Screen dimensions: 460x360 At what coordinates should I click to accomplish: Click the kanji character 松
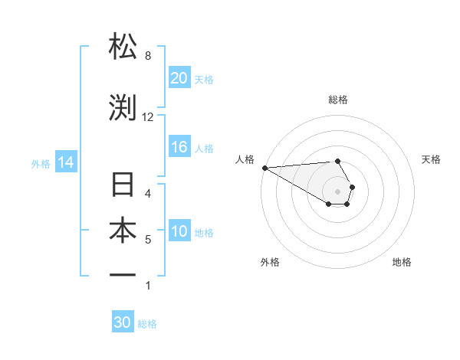(123, 47)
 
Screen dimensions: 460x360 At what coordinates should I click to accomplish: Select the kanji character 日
(123, 186)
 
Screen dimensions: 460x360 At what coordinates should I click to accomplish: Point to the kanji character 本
(123, 231)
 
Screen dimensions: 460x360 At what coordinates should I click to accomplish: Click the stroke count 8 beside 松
(147, 56)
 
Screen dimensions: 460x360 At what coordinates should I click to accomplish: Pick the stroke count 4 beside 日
(147, 194)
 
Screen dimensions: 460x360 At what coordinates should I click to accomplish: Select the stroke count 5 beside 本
(147, 240)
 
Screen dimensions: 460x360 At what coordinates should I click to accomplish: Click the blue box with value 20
(179, 78)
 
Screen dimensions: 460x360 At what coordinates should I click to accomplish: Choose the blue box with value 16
(179, 148)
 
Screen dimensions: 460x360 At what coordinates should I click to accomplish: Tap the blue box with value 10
(179, 232)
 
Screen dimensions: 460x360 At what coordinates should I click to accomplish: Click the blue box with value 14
(65, 162)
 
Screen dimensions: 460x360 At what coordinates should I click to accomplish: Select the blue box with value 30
(123, 322)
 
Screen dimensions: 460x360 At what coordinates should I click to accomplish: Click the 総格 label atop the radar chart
(338, 100)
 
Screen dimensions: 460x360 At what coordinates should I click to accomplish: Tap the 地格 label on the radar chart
(402, 262)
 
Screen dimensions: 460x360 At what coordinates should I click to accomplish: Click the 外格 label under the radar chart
(270, 262)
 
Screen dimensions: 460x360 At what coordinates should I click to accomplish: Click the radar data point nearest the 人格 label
(264, 168)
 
